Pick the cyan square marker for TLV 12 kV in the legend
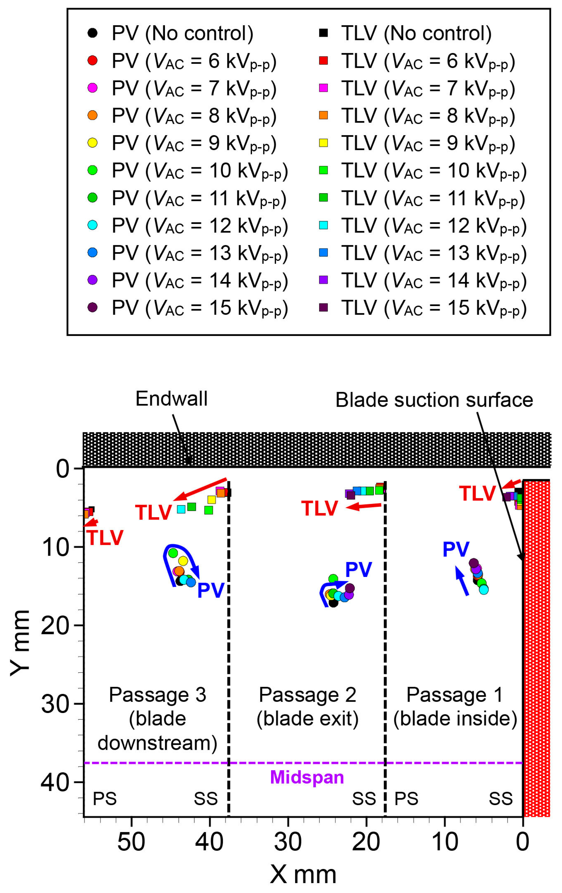pyautogui.click(x=323, y=225)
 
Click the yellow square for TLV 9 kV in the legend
pyautogui.click(x=323, y=143)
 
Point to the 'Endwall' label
pyautogui.click(x=171, y=399)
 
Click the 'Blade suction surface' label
pyautogui.click(x=434, y=400)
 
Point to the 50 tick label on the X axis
pyautogui.click(x=131, y=842)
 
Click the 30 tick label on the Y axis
pyautogui.click(x=55, y=704)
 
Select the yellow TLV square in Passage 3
pyautogui.click(x=212, y=500)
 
